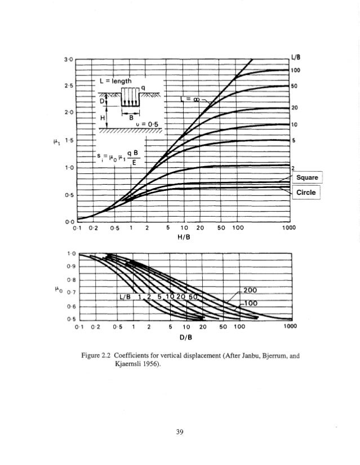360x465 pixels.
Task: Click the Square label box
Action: [x=307, y=178]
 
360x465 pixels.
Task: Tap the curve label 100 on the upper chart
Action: [x=294, y=70]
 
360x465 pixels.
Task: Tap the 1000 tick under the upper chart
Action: [x=288, y=229]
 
